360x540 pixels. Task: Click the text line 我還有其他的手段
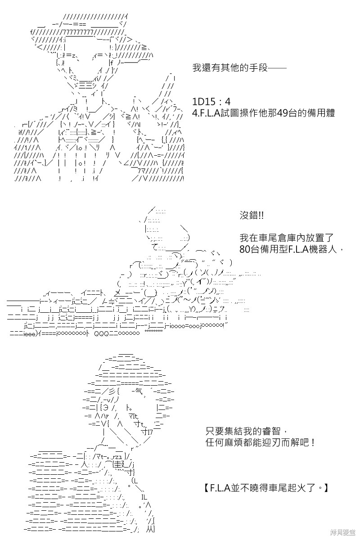point(230,68)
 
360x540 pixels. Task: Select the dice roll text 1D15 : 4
point(211,102)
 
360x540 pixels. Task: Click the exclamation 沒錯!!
point(251,215)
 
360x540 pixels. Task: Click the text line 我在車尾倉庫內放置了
point(287,238)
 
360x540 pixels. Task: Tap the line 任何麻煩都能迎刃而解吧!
point(260,442)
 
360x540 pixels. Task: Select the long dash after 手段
point(277,68)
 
